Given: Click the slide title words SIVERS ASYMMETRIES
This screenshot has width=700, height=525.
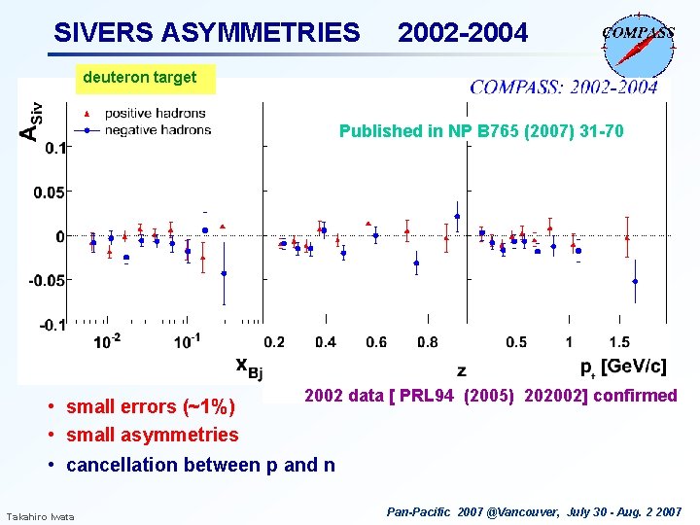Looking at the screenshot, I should [x=206, y=33].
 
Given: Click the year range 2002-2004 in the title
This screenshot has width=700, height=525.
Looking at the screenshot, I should [x=463, y=33].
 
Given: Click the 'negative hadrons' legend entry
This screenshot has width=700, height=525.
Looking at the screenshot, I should [x=157, y=129].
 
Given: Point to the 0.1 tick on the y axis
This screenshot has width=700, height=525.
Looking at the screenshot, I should [x=54, y=148].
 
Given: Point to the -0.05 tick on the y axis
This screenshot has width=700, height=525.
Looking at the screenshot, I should [x=49, y=280].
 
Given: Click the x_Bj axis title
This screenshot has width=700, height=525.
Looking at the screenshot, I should [x=249, y=366].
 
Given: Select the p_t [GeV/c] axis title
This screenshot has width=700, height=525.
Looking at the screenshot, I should [x=623, y=366].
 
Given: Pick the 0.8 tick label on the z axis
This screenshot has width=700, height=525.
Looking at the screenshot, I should [x=427, y=342].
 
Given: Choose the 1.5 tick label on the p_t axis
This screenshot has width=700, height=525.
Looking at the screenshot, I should [x=618, y=342].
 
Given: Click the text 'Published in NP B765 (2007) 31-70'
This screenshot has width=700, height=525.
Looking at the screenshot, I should [x=481, y=131].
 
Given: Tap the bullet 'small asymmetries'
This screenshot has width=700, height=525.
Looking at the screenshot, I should [x=152, y=435].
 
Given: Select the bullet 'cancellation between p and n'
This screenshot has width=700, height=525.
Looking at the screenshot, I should [x=200, y=465].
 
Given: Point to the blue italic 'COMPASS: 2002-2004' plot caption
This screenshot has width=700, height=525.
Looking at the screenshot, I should [x=564, y=87].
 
